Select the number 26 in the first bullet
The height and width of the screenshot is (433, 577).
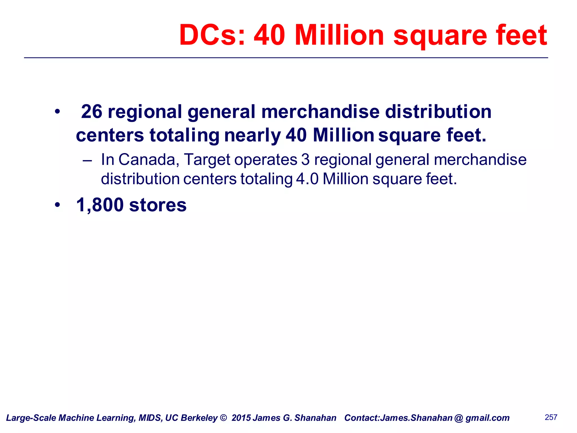92,112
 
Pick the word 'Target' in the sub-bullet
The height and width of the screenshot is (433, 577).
207,160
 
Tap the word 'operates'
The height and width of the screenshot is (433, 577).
266,160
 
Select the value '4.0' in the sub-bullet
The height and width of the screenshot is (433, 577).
307,179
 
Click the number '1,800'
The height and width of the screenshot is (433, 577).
100,205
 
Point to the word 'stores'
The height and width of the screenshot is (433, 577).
158,205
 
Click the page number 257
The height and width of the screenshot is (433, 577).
551,417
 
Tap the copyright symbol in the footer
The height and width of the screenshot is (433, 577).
223,417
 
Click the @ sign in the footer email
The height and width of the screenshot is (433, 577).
459,418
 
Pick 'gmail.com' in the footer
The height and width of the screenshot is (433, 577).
487,418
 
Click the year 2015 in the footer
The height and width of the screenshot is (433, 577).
241,418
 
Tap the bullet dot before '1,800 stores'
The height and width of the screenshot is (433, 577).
57,205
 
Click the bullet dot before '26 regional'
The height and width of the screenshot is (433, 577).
57,112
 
